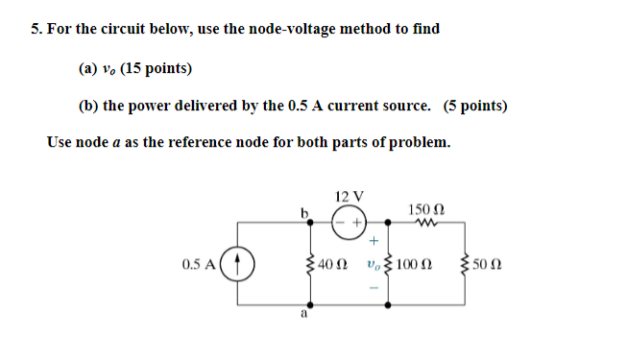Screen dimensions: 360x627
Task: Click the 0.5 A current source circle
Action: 240,262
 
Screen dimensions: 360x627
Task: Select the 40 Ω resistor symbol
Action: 308,262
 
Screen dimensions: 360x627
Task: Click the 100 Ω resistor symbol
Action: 388,262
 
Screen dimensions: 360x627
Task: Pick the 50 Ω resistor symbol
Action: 467,262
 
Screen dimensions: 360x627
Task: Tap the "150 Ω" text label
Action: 425,209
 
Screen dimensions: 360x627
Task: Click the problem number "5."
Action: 36,29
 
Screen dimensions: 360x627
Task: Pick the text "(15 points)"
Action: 156,68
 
